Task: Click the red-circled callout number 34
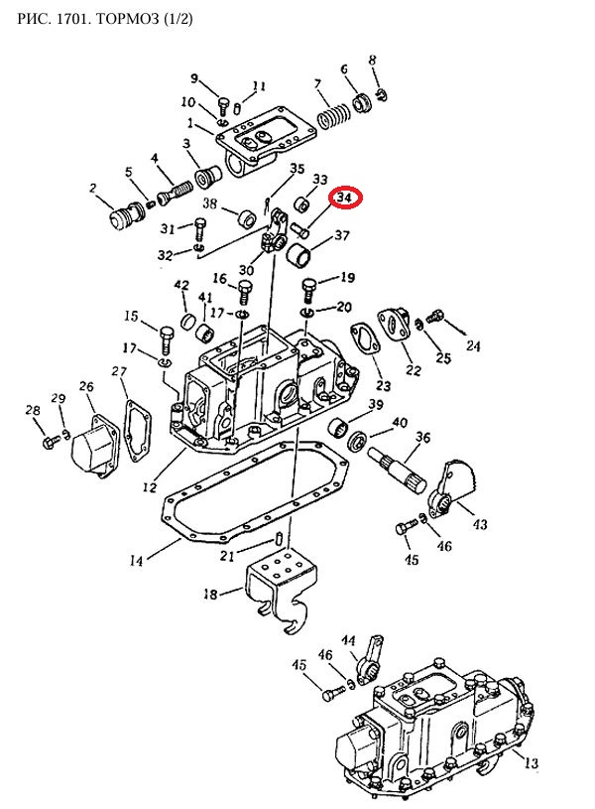click(344, 198)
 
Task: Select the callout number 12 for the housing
click(150, 486)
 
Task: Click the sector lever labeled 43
click(451, 488)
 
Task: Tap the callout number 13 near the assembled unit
click(532, 762)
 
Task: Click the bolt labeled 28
click(50, 443)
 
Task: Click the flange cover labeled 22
click(394, 325)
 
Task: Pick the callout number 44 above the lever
click(349, 640)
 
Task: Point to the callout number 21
click(227, 556)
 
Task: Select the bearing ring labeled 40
click(357, 442)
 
